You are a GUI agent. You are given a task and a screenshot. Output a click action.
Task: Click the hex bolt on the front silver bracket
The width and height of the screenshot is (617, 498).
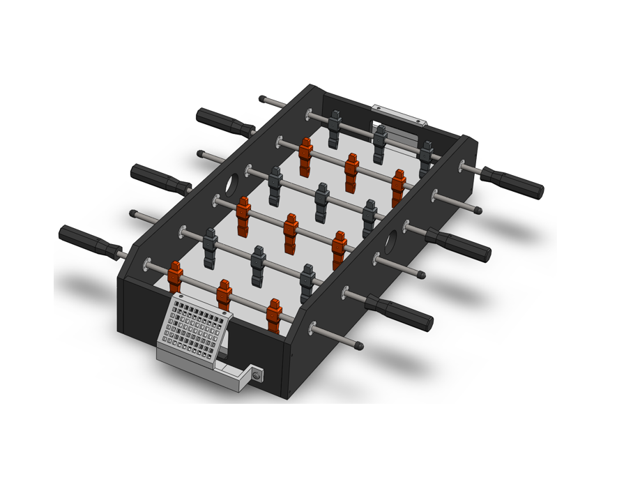click(x=257, y=376)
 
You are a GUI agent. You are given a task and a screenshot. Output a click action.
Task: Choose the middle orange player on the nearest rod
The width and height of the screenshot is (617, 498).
click(x=224, y=294)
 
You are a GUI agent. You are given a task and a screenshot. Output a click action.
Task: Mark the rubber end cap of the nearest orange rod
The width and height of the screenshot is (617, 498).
click(x=358, y=345)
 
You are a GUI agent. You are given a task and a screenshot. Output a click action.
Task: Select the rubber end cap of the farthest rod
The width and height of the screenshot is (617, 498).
click(x=263, y=99)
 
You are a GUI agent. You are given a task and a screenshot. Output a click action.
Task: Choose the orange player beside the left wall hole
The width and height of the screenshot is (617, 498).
click(x=243, y=215)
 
